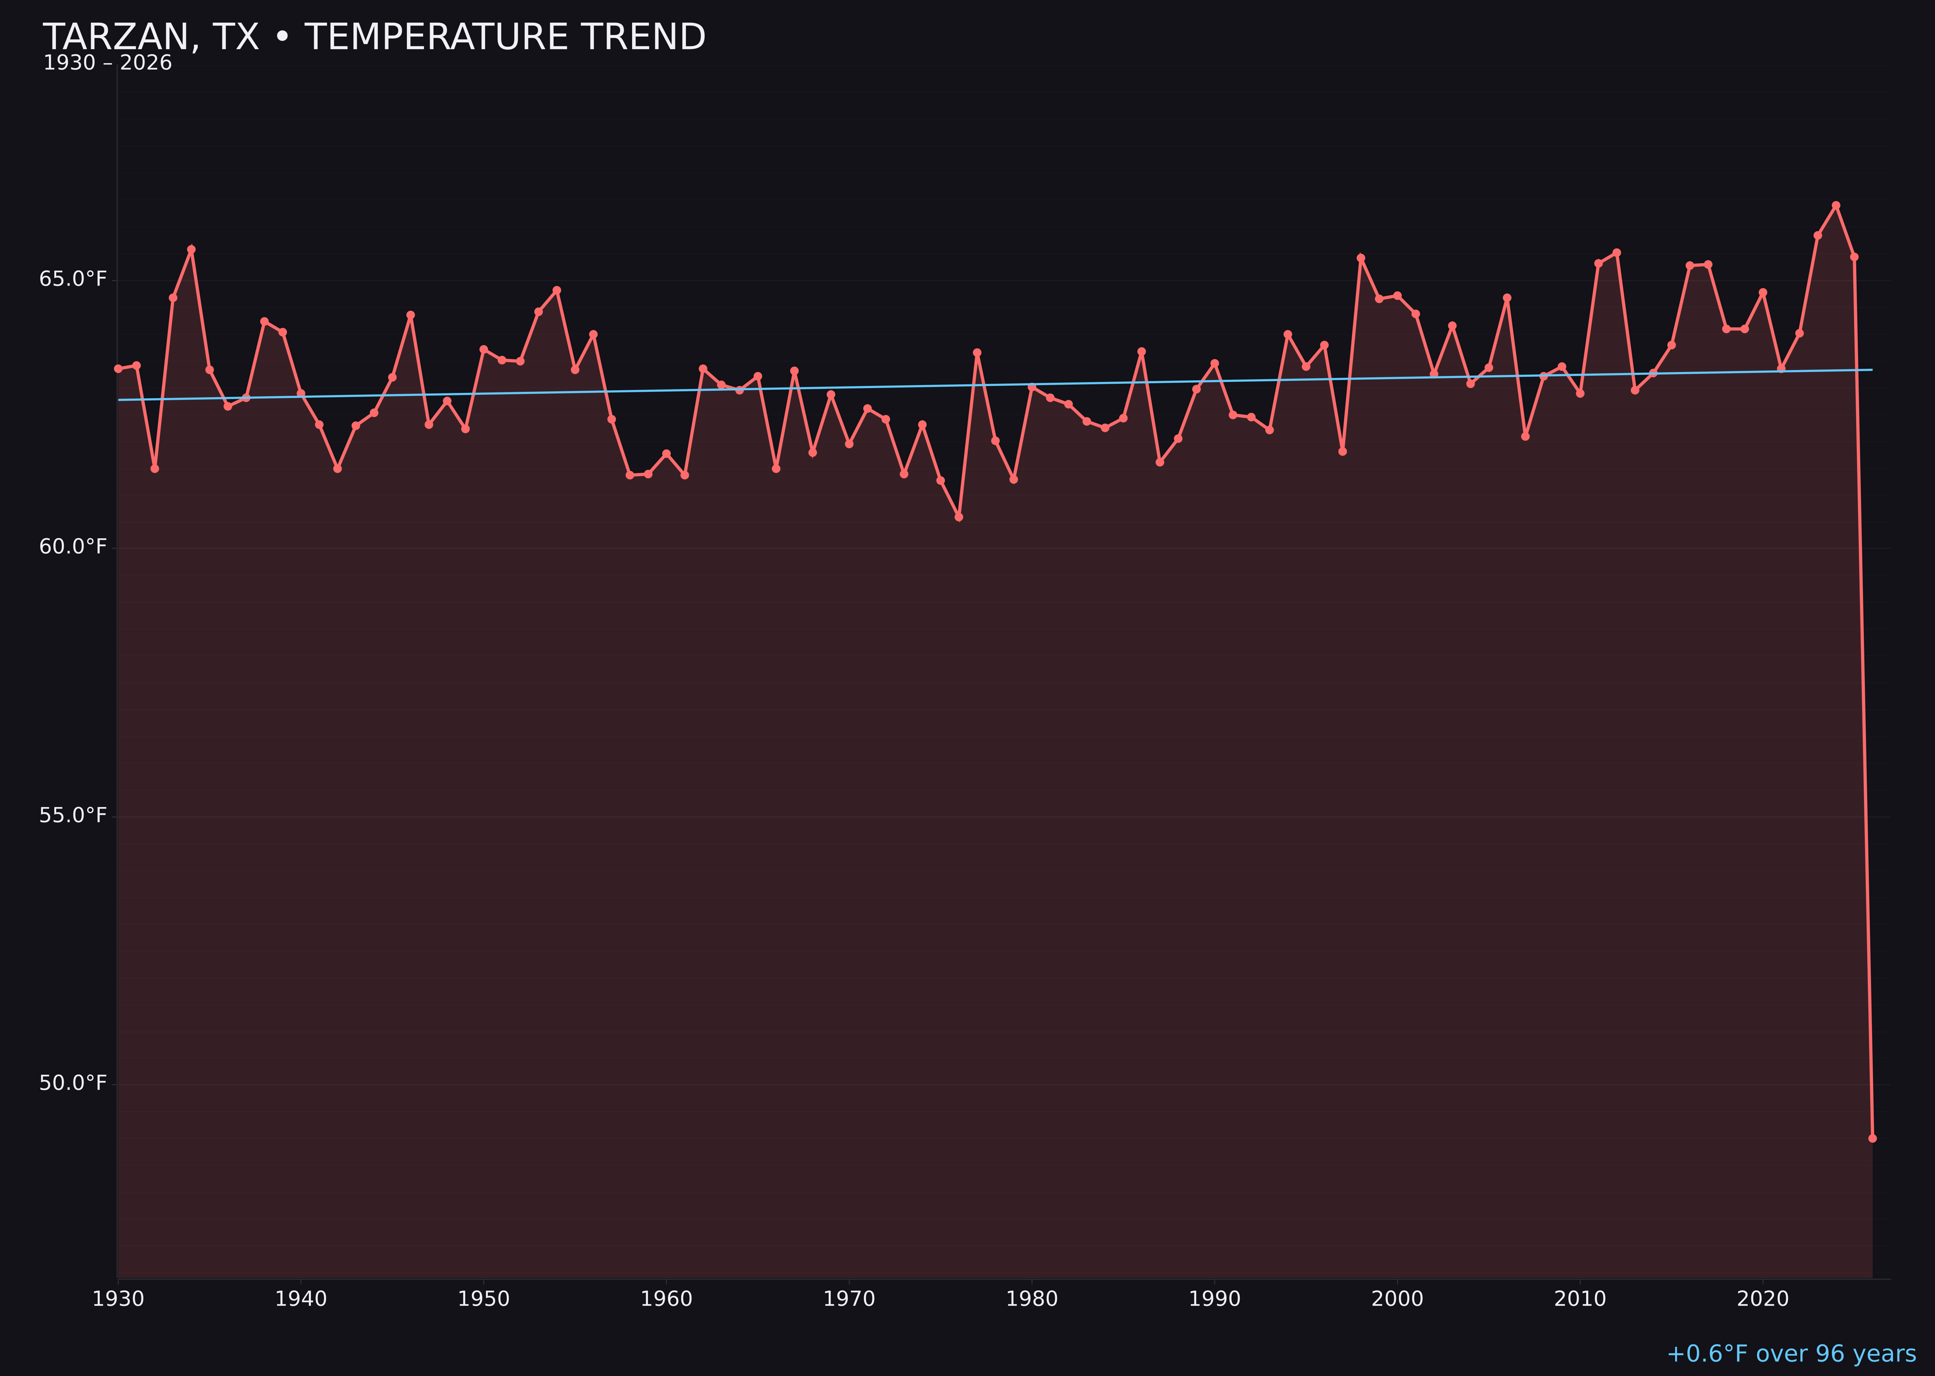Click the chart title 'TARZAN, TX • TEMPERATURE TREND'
(373, 37)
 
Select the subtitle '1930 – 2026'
(107, 63)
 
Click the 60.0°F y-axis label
(73, 547)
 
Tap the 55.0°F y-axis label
(73, 815)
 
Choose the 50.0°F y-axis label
(73, 1083)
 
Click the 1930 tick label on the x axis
(118, 1299)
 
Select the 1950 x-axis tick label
(484, 1299)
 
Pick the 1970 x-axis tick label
(849, 1299)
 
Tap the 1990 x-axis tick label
(1214, 1299)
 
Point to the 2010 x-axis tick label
(1580, 1299)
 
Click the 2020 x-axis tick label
(1763, 1299)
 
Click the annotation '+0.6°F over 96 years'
(1791, 1354)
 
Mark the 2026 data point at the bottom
(1872, 1138)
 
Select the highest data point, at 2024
(1836, 205)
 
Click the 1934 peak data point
(192, 249)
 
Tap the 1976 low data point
(959, 517)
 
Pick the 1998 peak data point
(1361, 257)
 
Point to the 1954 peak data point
(557, 290)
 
